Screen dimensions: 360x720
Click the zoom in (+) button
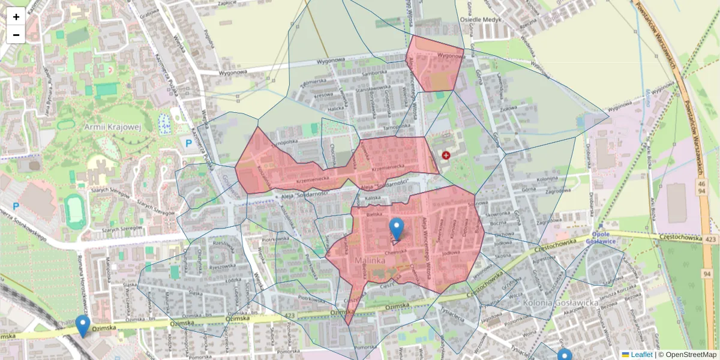click(16, 17)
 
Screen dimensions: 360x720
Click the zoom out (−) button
click(16, 35)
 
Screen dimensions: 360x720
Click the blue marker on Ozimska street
click(83, 326)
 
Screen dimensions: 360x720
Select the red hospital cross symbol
click(446, 155)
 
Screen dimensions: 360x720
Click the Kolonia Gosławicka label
click(560, 303)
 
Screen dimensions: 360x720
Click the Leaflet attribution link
click(641, 355)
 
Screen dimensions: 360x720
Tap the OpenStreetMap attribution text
click(691, 355)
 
